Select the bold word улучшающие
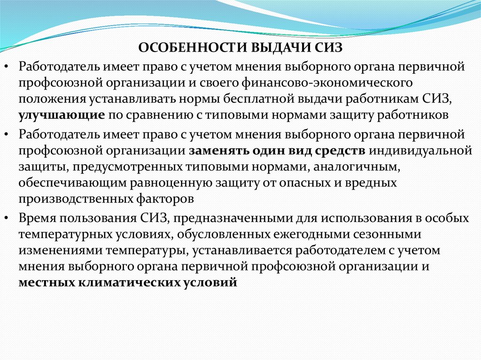coord(62,115)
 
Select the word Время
coord(37,218)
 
